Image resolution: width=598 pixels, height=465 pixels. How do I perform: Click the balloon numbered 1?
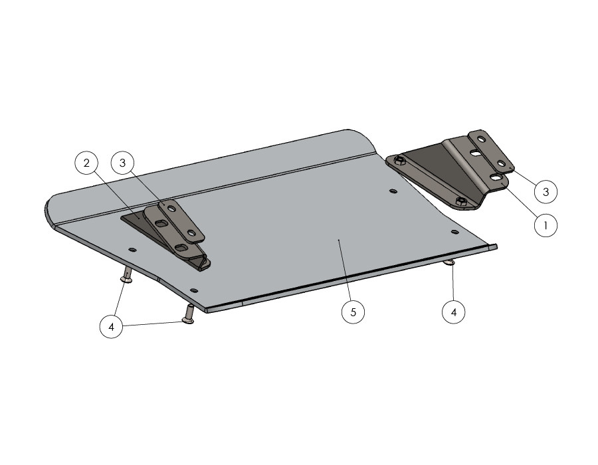pyautogui.click(x=546, y=225)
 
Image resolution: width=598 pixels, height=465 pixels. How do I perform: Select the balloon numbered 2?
pyautogui.click(x=86, y=163)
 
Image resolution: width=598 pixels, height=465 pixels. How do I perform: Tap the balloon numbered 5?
pyautogui.click(x=353, y=312)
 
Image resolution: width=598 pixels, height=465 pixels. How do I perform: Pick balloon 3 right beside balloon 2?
pyautogui.click(x=122, y=163)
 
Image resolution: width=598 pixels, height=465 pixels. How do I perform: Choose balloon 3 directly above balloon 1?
pyautogui.click(x=546, y=191)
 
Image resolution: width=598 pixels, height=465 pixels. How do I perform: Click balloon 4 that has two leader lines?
pyautogui.click(x=112, y=327)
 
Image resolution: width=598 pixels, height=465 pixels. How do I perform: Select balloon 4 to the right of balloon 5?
pyautogui.click(x=453, y=312)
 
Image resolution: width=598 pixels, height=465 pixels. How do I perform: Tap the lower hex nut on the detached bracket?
pyautogui.click(x=460, y=202)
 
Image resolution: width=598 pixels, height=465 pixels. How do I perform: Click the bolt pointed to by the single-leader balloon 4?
pyautogui.click(x=449, y=262)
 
